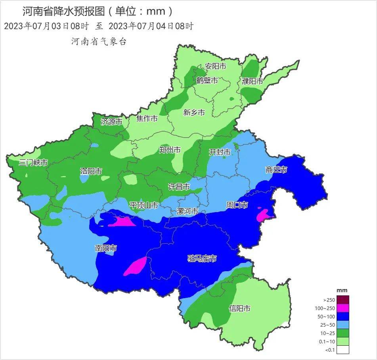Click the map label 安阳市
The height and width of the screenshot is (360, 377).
[215, 66]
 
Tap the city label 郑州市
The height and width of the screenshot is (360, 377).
[170, 150]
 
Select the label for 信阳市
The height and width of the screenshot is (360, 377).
[240, 308]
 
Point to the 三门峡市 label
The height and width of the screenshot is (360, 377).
[33, 163]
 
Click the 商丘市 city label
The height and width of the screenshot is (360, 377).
[276, 170]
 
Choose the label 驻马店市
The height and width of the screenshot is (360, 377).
[202, 259]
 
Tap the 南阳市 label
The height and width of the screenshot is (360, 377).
[106, 248]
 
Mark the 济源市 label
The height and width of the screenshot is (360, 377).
[111, 122]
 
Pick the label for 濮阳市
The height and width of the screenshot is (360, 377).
[253, 81]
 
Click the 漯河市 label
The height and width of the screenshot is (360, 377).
[187, 211]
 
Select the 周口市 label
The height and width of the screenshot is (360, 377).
[237, 205]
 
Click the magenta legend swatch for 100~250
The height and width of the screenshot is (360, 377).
[343, 308]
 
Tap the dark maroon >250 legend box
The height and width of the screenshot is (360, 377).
[343, 300]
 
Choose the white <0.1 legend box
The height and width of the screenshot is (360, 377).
[343, 350]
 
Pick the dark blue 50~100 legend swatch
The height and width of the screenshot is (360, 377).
[343, 316]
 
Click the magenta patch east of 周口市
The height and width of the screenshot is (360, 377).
[263, 215]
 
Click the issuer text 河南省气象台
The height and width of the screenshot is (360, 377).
[99, 41]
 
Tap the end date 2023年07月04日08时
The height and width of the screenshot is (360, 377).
[151, 27]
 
